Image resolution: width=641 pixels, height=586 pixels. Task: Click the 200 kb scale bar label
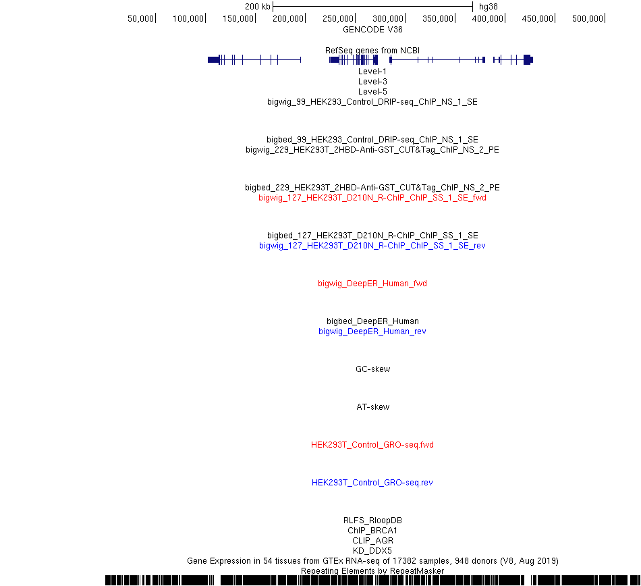click(258, 7)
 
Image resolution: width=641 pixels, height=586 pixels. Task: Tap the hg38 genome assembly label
click(488, 7)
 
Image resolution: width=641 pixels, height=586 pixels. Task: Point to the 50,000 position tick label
click(140, 19)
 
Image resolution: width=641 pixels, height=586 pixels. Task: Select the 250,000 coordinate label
click(337, 19)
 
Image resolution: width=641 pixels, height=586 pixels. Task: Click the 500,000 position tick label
click(588, 19)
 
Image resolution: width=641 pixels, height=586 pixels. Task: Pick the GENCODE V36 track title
click(372, 30)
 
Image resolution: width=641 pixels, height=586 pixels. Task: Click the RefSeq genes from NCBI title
click(372, 51)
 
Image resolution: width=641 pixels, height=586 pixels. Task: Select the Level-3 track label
click(372, 82)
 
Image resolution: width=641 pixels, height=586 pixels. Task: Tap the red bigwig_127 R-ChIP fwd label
click(372, 198)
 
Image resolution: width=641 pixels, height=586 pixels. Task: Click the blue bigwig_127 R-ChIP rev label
click(372, 245)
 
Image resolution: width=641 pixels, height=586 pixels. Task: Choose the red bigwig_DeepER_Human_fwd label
click(372, 284)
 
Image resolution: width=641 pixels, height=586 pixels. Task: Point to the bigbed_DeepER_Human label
click(372, 321)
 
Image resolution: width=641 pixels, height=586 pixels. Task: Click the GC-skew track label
click(373, 369)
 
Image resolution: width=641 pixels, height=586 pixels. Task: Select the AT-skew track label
click(373, 407)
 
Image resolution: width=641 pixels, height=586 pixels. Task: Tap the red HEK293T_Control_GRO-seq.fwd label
click(372, 444)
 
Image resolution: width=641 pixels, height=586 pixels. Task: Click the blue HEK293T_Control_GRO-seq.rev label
click(372, 483)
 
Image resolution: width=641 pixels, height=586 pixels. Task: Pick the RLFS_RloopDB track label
click(372, 520)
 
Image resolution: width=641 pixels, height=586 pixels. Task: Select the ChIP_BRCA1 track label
click(372, 531)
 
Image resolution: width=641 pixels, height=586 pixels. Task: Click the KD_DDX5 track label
click(372, 550)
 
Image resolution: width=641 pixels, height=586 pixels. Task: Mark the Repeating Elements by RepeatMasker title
click(372, 571)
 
